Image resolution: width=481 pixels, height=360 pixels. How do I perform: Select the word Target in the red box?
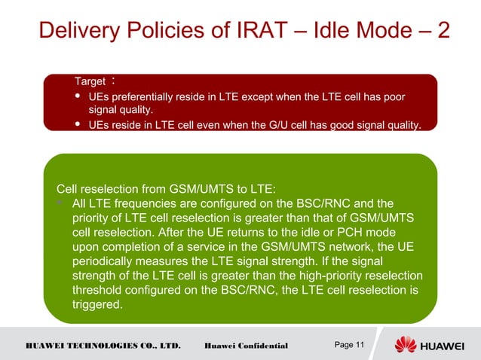coord(90,81)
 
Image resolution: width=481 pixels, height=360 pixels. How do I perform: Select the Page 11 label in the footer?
coord(349,345)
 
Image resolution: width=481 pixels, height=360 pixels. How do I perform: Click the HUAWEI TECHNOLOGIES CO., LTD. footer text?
coord(103,346)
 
